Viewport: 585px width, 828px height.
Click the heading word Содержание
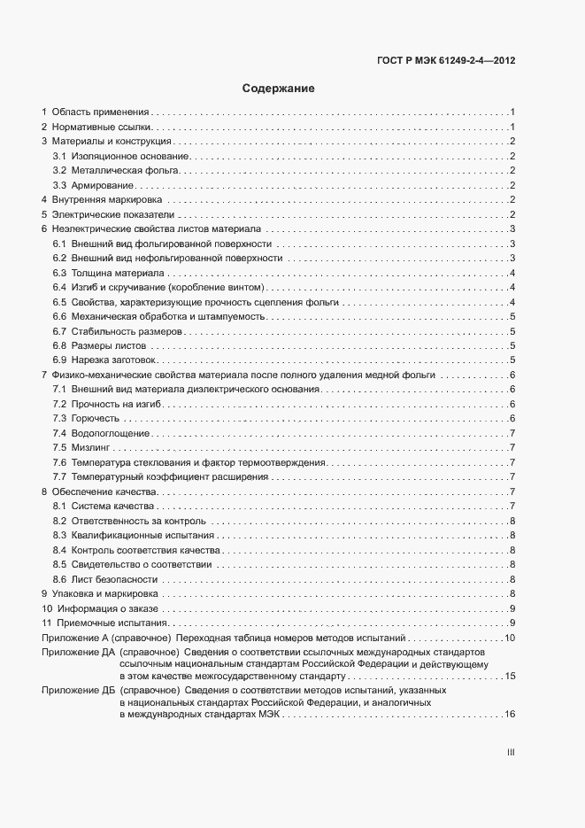pos(279,89)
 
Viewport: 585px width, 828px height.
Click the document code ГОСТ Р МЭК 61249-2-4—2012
pos(440,62)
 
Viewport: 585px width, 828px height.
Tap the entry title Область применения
pos(100,112)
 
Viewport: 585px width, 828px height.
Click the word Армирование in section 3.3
pos(103,185)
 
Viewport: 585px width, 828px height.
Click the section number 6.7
pos(60,330)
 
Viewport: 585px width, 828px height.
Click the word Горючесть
pos(96,418)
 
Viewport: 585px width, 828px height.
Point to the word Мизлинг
pos(92,447)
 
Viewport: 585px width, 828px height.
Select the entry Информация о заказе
pos(107,607)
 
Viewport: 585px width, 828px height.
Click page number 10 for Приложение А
pos(510,638)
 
